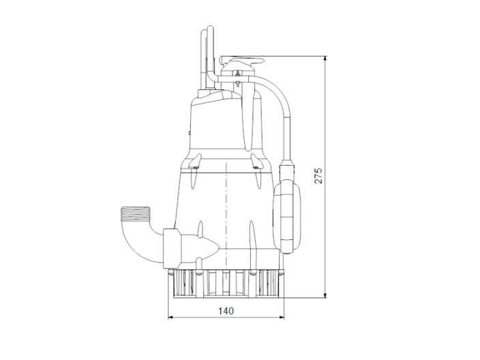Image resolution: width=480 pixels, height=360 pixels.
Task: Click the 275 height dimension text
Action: point(318,175)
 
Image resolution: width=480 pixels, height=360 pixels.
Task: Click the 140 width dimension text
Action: point(226,311)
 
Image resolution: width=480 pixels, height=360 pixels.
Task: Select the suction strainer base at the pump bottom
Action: point(225,283)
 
